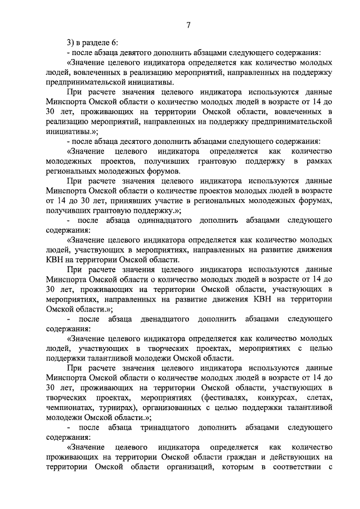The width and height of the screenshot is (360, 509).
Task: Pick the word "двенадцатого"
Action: (155, 319)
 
